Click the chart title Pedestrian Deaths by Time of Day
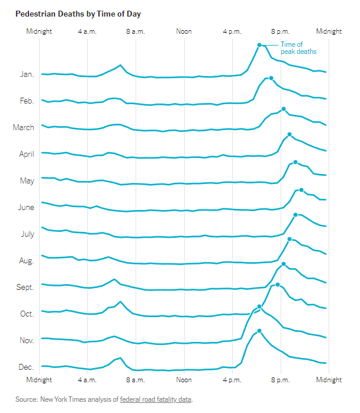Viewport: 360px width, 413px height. pyautogui.click(x=78, y=14)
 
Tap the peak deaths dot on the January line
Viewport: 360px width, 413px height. pyautogui.click(x=259, y=45)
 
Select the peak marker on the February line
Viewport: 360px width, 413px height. pyautogui.click(x=271, y=78)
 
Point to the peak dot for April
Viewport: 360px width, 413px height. pyautogui.click(x=290, y=134)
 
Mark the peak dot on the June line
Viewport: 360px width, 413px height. pyautogui.click(x=301, y=190)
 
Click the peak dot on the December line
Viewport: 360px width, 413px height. pyautogui.click(x=259, y=331)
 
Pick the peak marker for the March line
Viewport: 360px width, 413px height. pyautogui.click(x=284, y=109)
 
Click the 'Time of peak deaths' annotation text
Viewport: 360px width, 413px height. pyautogui.click(x=298, y=48)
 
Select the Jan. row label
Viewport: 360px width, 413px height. pyautogui.click(x=27, y=75)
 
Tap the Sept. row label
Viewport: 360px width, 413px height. pyautogui.click(x=25, y=287)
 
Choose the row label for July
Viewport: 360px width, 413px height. pyautogui.click(x=28, y=234)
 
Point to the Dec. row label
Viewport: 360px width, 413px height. pyautogui.click(x=26, y=367)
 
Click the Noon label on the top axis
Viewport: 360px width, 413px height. pyautogui.click(x=184, y=31)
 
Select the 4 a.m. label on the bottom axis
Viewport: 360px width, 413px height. pyautogui.click(x=87, y=380)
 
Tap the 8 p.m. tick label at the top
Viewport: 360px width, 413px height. pyautogui.click(x=281, y=31)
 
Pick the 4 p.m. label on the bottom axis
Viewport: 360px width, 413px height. pyautogui.click(x=232, y=380)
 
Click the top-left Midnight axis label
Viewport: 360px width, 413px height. pyautogui.click(x=39, y=31)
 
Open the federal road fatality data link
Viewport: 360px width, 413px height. pyautogui.click(x=156, y=399)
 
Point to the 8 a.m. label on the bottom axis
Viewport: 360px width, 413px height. pyautogui.click(x=136, y=380)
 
